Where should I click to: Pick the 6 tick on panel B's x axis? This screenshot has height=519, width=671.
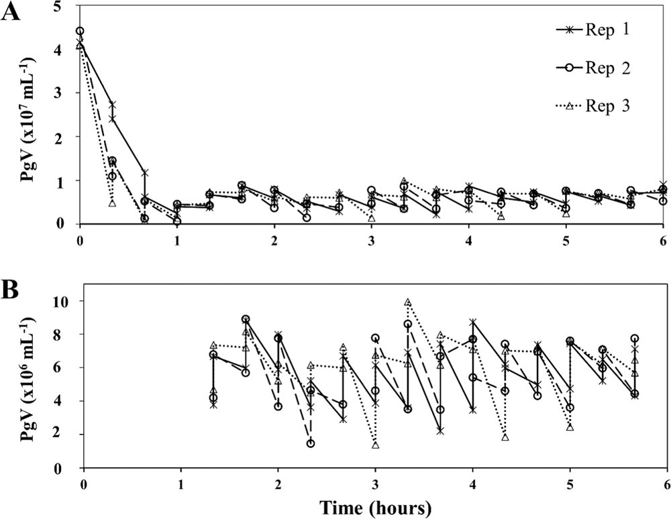coord(666,483)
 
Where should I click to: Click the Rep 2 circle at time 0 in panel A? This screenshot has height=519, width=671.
coord(80,31)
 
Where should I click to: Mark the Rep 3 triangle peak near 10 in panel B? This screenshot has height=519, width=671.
coord(407,302)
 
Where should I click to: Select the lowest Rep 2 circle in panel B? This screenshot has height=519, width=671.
coord(311,443)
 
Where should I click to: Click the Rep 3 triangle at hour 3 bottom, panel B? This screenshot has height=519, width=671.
coord(376,445)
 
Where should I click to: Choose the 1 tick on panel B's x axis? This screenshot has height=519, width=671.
coord(180,483)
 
